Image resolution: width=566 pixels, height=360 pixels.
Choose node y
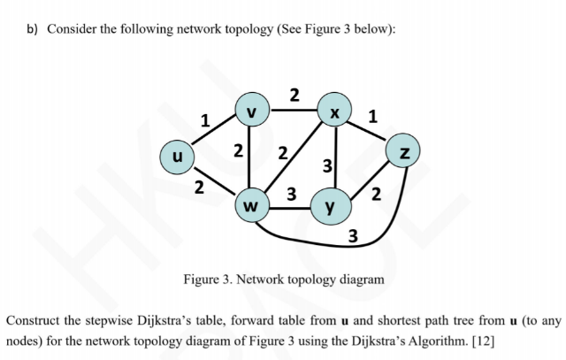pos(331,209)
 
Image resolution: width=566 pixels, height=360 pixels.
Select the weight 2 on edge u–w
pos(200,187)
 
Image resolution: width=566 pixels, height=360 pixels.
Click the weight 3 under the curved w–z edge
pos(353,236)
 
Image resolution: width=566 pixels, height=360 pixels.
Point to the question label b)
pos(32,29)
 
